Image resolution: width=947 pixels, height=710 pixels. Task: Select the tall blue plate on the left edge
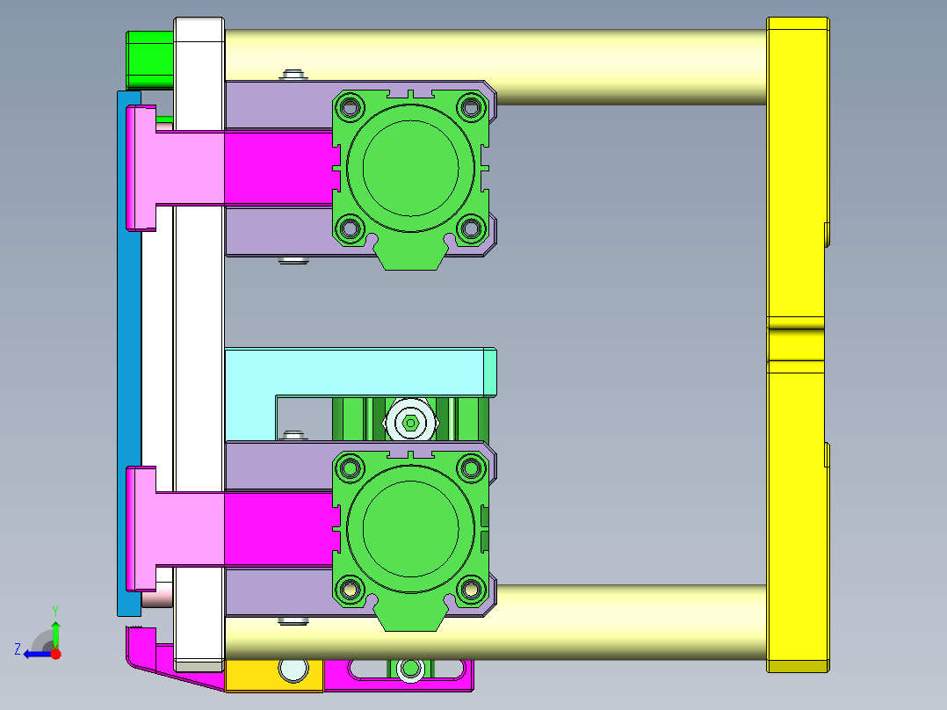coord(128,353)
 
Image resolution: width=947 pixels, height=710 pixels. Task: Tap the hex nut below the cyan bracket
coord(411,423)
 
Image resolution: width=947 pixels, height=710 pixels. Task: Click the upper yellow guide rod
coord(495,67)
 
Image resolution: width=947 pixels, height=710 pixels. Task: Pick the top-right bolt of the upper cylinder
coord(471,108)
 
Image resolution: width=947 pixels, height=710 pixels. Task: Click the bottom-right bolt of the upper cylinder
coord(471,229)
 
